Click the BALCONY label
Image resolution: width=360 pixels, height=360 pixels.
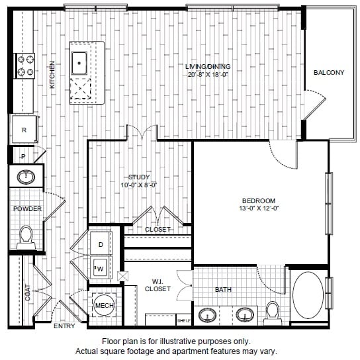point(329,73)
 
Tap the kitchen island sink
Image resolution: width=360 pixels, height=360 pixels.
point(79,63)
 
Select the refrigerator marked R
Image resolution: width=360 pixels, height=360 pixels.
point(24,129)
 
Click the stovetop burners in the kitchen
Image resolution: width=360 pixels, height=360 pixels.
point(25,66)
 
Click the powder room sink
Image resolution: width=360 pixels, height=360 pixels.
point(26,177)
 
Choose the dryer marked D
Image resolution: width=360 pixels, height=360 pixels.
point(101,244)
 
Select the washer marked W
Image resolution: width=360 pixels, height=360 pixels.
point(101,268)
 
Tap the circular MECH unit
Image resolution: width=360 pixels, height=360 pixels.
point(105,305)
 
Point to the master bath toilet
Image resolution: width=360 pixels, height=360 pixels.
point(273,314)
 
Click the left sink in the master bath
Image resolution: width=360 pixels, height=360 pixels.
point(207,315)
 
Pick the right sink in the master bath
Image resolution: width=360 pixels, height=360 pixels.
point(245,315)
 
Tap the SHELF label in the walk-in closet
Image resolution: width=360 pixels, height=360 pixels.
point(184,321)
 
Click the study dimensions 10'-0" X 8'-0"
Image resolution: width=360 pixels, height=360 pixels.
point(139,185)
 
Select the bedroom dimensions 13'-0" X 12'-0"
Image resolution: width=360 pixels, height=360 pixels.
point(259,208)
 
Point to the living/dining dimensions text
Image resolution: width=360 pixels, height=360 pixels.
point(208,74)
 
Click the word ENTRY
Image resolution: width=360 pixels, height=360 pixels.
point(64,326)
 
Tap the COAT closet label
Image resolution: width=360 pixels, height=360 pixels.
point(28,292)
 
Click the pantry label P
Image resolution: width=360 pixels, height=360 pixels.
point(23,157)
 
